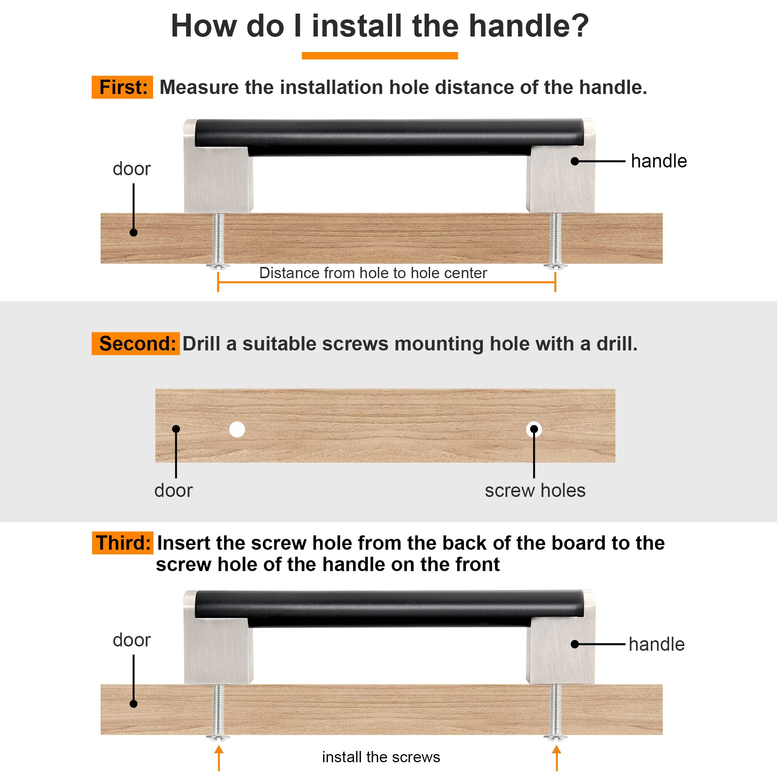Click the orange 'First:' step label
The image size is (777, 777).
122,87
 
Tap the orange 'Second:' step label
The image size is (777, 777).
136,343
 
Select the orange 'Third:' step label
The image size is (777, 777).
123,543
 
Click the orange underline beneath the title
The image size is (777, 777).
380,56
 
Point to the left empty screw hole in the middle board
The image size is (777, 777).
237,430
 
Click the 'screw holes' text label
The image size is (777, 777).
535,491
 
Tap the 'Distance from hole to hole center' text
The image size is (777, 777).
373,273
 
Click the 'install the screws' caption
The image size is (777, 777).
381,757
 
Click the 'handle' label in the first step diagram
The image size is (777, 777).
659,161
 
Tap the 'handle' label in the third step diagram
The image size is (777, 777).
656,644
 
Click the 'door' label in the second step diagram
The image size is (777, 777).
173,491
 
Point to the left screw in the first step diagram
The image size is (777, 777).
218,241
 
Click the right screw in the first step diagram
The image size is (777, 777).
556,241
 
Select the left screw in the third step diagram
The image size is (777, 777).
218,712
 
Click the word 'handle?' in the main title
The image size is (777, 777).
529,26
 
